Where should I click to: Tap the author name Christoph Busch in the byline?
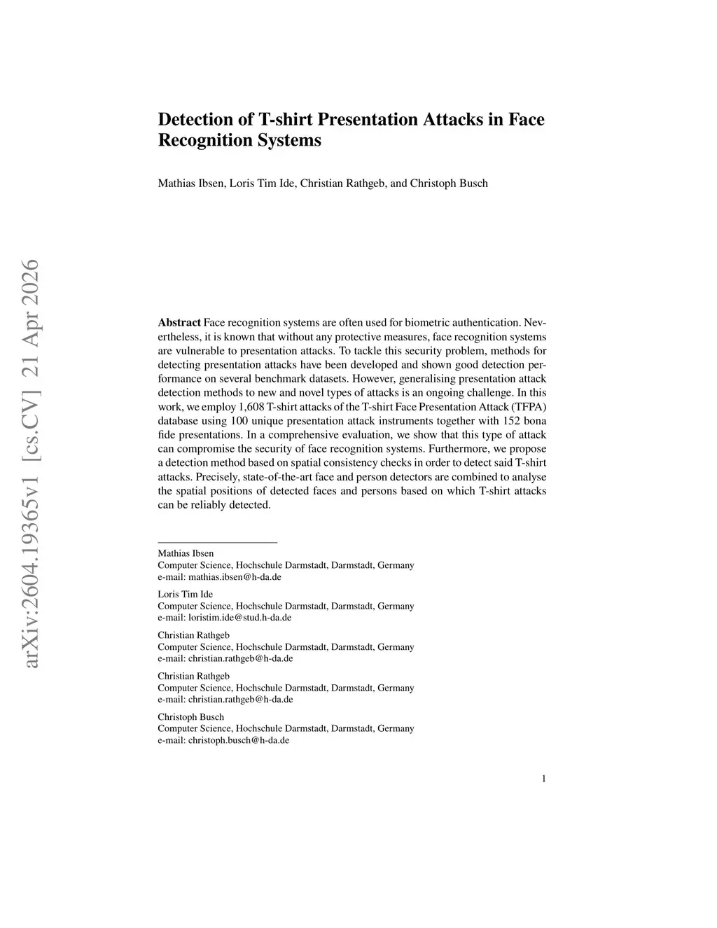[449, 183]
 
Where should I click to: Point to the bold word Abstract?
[179, 323]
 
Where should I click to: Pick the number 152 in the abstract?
[511, 421]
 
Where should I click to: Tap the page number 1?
[543, 778]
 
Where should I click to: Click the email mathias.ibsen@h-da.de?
[235, 577]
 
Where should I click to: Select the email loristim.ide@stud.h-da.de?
[239, 618]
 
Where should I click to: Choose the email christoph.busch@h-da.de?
[238, 740]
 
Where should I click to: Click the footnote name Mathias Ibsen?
[186, 553]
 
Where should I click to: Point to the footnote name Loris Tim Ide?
[185, 594]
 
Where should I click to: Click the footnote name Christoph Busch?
[190, 716]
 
